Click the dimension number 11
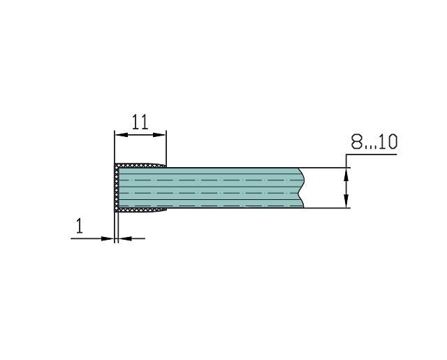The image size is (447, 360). pyautogui.click(x=140, y=122)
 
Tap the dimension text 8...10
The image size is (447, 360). pyautogui.click(x=374, y=142)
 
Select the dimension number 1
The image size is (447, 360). pyautogui.click(x=80, y=226)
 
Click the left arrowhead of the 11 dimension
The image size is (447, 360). pyautogui.click(x=121, y=135)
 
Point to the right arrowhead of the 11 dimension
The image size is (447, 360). pyautogui.click(x=160, y=135)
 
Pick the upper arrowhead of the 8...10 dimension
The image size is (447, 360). pyautogui.click(x=346, y=174)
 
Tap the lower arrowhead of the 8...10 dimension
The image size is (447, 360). pyautogui.click(x=346, y=201)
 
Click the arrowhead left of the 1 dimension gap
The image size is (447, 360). pyautogui.click(x=108, y=238)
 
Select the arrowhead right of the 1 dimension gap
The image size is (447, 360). pyautogui.click(x=125, y=238)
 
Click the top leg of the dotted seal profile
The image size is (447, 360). pyautogui.click(x=140, y=166)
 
